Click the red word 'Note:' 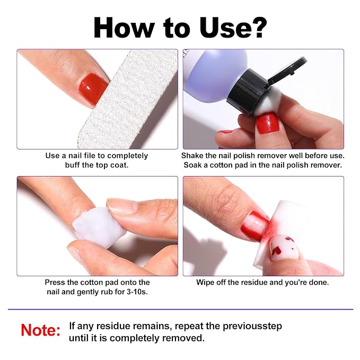[40, 330]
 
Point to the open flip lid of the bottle [287, 70]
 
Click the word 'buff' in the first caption [72, 165]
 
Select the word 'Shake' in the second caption [192, 155]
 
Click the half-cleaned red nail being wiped [254, 226]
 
